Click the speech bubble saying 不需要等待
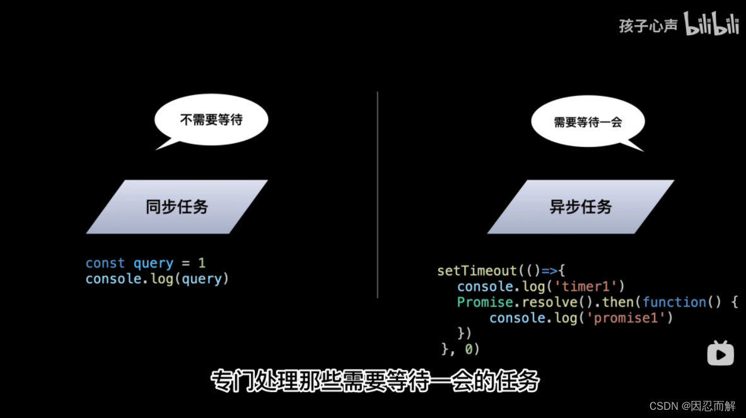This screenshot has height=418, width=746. (211, 120)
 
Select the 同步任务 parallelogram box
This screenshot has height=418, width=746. (177, 207)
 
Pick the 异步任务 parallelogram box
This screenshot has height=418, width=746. (580, 207)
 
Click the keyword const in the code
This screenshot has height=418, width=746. (105, 263)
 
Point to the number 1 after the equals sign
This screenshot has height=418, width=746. (202, 263)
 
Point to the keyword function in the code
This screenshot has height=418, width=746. (675, 302)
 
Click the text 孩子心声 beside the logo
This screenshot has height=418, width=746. (648, 26)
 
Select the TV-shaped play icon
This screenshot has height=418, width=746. (720, 353)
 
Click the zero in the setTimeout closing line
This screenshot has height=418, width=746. (469, 349)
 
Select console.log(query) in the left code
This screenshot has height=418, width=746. (158, 279)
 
